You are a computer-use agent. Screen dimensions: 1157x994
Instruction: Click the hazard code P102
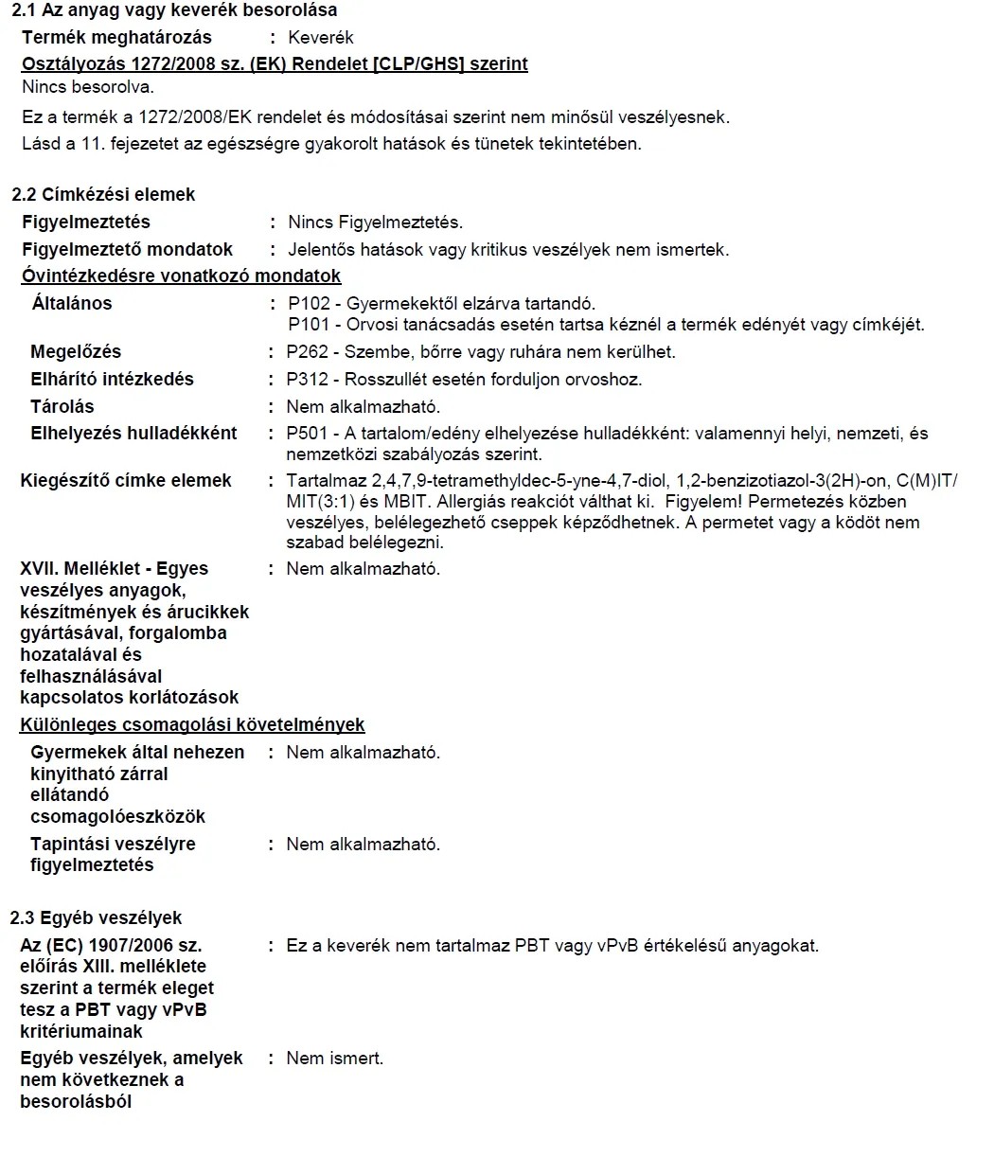coord(309,304)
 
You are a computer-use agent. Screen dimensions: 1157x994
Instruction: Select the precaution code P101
coord(309,325)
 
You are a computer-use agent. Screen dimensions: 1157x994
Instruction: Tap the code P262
coord(308,352)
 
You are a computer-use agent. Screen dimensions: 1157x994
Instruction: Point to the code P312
coord(308,380)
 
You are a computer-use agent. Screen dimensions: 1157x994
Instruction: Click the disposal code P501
coord(308,434)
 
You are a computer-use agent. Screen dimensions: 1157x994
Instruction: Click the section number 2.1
coord(24,10)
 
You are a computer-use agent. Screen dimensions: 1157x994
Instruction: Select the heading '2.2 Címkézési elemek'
coord(103,194)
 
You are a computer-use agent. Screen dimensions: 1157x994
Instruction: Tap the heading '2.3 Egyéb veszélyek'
coord(96,918)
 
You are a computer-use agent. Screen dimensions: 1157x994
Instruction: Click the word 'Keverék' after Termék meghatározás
coord(320,38)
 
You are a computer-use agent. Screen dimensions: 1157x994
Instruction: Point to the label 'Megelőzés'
coord(76,352)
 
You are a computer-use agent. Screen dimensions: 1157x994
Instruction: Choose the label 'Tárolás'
coord(62,407)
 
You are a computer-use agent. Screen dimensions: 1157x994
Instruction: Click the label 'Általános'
coord(72,304)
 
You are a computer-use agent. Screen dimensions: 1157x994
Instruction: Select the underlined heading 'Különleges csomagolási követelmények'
coord(192,725)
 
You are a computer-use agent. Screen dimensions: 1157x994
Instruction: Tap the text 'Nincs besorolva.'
coord(87,87)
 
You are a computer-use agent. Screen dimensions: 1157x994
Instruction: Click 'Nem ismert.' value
coord(335,1059)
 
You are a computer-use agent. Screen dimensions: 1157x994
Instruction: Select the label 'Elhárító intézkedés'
coord(112,380)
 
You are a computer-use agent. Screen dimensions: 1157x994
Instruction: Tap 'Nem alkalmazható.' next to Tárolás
coord(364,407)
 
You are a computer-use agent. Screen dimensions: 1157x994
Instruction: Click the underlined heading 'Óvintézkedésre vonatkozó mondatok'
coord(181,276)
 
